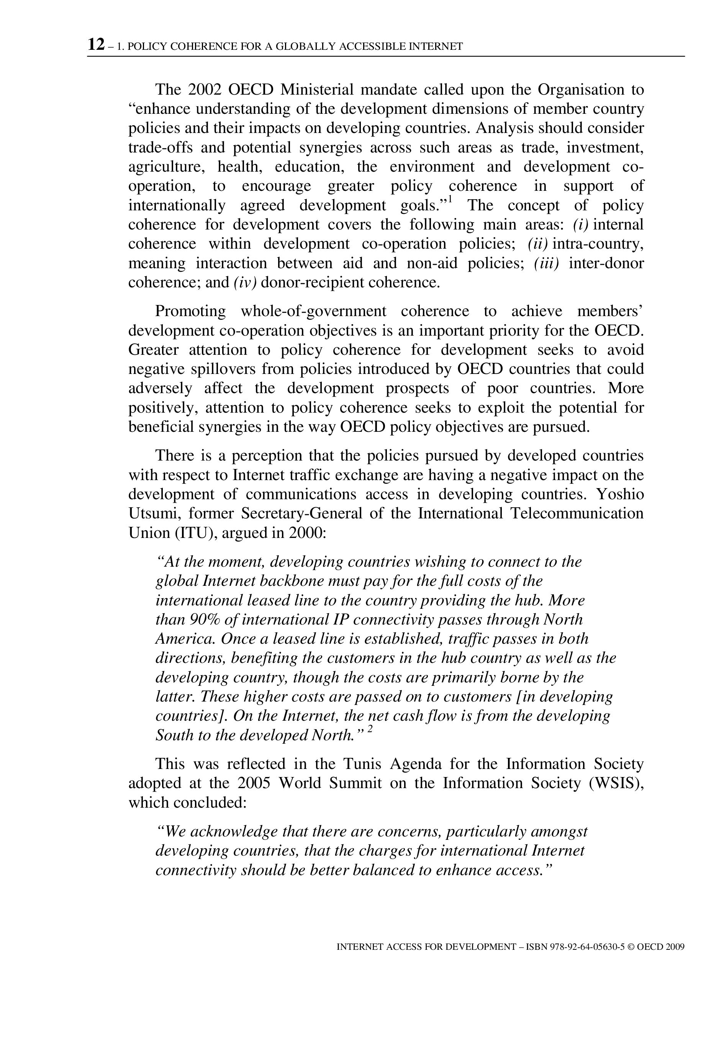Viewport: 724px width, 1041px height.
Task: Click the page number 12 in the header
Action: tap(96, 45)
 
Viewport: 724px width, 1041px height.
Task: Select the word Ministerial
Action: tap(316, 90)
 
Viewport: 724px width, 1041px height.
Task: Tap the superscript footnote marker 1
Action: tap(450, 198)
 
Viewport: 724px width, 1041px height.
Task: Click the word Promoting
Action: tap(190, 311)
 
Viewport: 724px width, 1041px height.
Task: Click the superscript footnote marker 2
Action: tap(370, 729)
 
